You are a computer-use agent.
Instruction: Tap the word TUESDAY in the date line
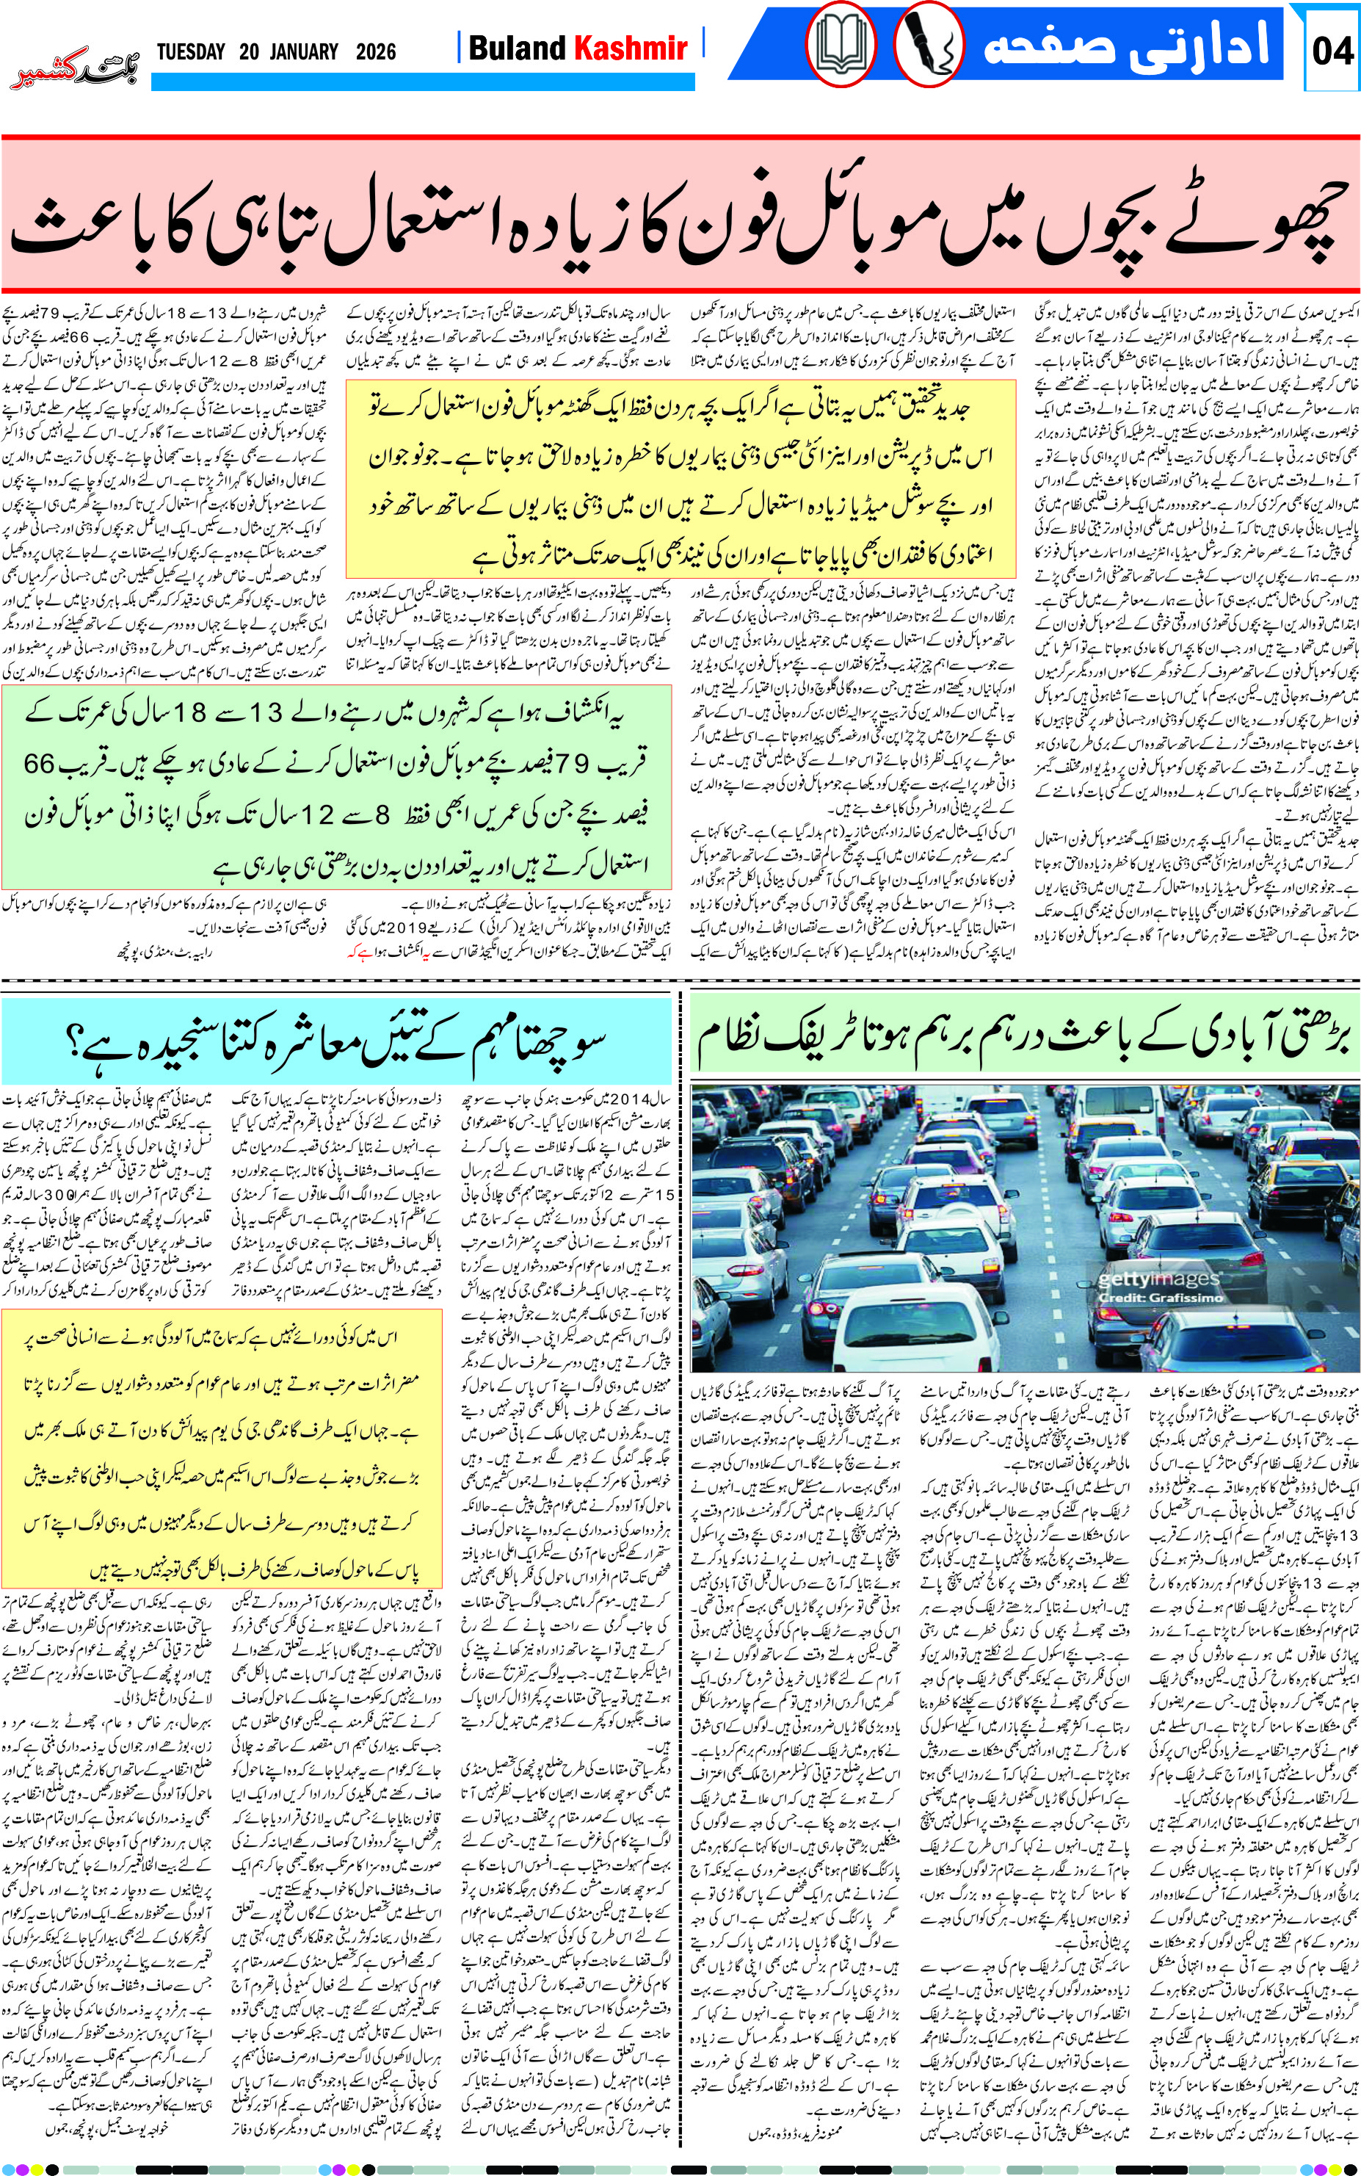click(x=191, y=51)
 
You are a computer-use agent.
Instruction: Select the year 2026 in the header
click(x=375, y=51)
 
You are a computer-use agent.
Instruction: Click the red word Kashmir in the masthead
click(x=631, y=48)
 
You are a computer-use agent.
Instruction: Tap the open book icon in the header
click(x=840, y=45)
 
